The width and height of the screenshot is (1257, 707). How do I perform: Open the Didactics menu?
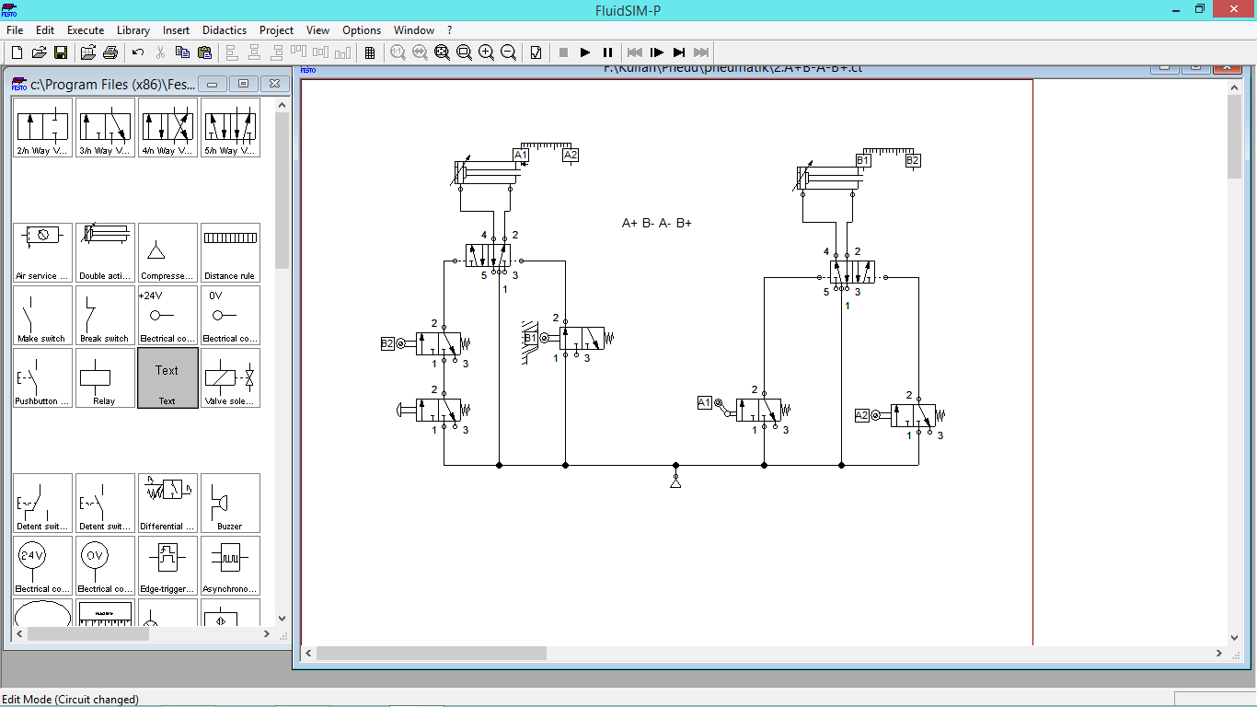click(x=225, y=30)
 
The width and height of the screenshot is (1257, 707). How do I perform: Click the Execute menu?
click(x=86, y=30)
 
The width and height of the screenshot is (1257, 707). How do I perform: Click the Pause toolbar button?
click(x=607, y=52)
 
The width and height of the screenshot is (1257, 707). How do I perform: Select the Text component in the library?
click(x=167, y=377)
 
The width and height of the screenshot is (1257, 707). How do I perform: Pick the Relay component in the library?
click(x=104, y=377)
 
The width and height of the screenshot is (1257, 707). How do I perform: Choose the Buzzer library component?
click(x=229, y=503)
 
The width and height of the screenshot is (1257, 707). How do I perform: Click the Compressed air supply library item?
click(x=167, y=252)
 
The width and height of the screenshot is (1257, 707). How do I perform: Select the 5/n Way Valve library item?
click(x=229, y=127)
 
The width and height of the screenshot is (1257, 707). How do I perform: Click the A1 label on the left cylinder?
click(x=521, y=155)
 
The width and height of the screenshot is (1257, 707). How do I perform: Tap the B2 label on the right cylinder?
click(x=912, y=160)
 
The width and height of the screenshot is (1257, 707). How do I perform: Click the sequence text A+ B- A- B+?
click(x=657, y=223)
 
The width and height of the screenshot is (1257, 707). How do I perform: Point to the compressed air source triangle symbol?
click(x=675, y=481)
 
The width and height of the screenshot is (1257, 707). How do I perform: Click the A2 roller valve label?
click(x=862, y=415)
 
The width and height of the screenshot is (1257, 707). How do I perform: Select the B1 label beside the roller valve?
click(x=531, y=339)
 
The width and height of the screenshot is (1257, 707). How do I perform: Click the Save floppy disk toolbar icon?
click(x=61, y=52)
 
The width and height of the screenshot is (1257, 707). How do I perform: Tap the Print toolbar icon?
click(x=110, y=52)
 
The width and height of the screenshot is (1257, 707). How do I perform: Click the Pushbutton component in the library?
click(x=41, y=377)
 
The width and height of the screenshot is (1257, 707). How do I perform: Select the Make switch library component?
click(x=41, y=315)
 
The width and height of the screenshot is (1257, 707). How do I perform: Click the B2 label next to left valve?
click(x=387, y=343)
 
